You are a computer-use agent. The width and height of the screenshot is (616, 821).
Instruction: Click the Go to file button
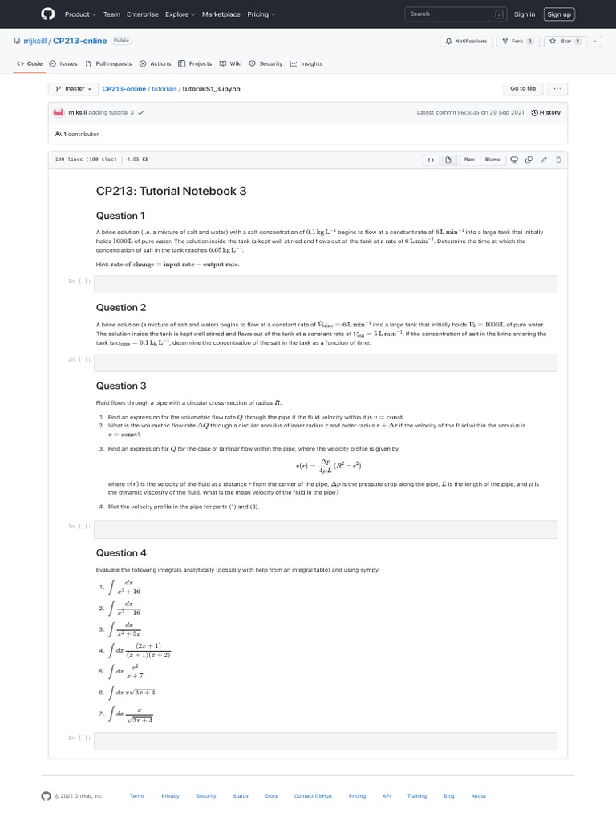(523, 88)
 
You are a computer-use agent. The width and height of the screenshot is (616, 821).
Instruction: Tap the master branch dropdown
(73, 88)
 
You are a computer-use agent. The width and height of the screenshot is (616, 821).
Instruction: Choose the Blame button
(492, 160)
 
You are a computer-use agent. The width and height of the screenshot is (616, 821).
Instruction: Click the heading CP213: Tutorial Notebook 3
(171, 191)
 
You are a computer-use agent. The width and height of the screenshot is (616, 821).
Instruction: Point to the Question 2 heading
(121, 308)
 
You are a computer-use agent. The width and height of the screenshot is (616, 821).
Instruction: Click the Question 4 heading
(121, 553)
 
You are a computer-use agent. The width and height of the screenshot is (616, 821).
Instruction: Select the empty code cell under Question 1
(326, 284)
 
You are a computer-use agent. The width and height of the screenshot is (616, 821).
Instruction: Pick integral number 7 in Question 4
(134, 714)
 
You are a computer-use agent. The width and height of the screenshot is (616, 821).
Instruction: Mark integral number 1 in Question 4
(128, 588)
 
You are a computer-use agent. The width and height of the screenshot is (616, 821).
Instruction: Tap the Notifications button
(466, 41)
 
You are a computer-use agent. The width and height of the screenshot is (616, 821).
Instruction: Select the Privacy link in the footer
(170, 796)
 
